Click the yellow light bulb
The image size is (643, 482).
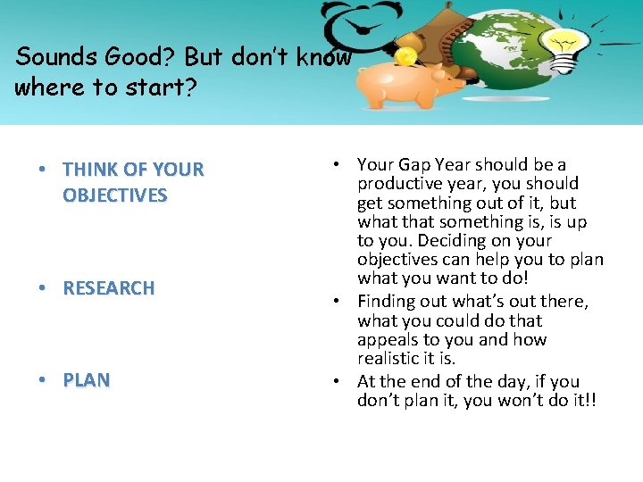(565, 47)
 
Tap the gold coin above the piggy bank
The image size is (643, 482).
(405, 57)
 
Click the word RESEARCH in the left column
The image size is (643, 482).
(108, 288)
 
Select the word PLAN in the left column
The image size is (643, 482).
(86, 380)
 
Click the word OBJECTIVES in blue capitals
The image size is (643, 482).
(114, 195)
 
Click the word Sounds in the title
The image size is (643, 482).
(52, 57)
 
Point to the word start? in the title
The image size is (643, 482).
(173, 87)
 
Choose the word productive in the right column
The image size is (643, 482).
(397, 183)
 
